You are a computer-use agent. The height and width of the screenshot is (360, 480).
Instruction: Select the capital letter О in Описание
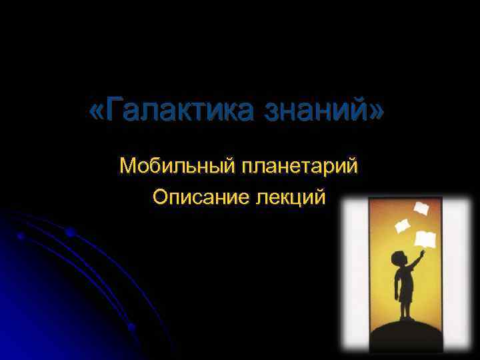click(160, 197)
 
